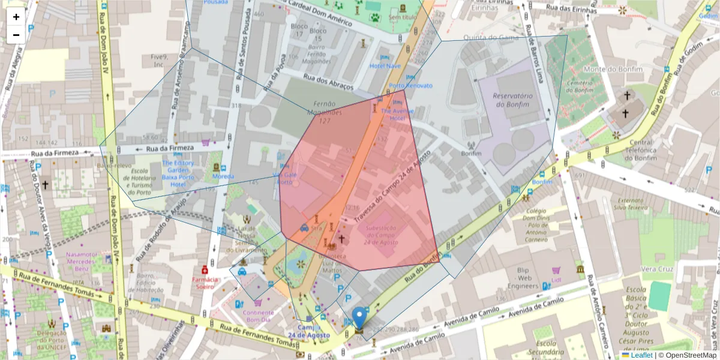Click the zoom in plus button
pos(16,17)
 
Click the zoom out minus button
pos(16,35)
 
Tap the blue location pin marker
pos(359,317)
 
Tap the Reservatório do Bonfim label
pos(512,100)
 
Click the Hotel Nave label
pos(385,66)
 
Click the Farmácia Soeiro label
pos(205,283)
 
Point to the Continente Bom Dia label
pos(259,316)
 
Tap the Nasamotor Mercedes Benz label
pos(82,262)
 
